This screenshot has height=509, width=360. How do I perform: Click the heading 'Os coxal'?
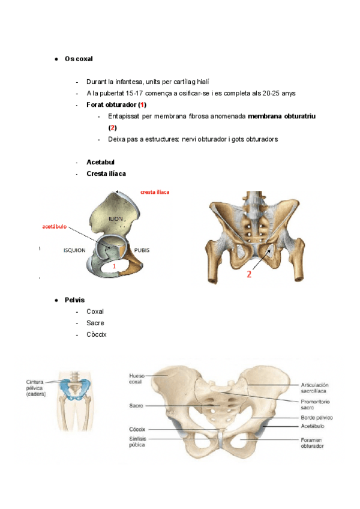tap(79, 59)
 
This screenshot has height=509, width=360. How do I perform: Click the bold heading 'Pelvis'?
tap(74, 300)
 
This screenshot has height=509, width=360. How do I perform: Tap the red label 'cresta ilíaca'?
tap(155, 192)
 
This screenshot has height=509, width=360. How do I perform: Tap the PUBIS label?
tap(142, 250)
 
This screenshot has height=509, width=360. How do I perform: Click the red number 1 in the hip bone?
tap(114, 265)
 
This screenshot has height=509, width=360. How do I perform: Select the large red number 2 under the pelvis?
tap(248, 276)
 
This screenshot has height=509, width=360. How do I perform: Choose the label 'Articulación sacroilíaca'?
tap(319, 387)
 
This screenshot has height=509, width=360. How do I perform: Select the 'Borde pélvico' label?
tap(316, 417)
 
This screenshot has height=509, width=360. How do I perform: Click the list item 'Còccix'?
tap(96, 334)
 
